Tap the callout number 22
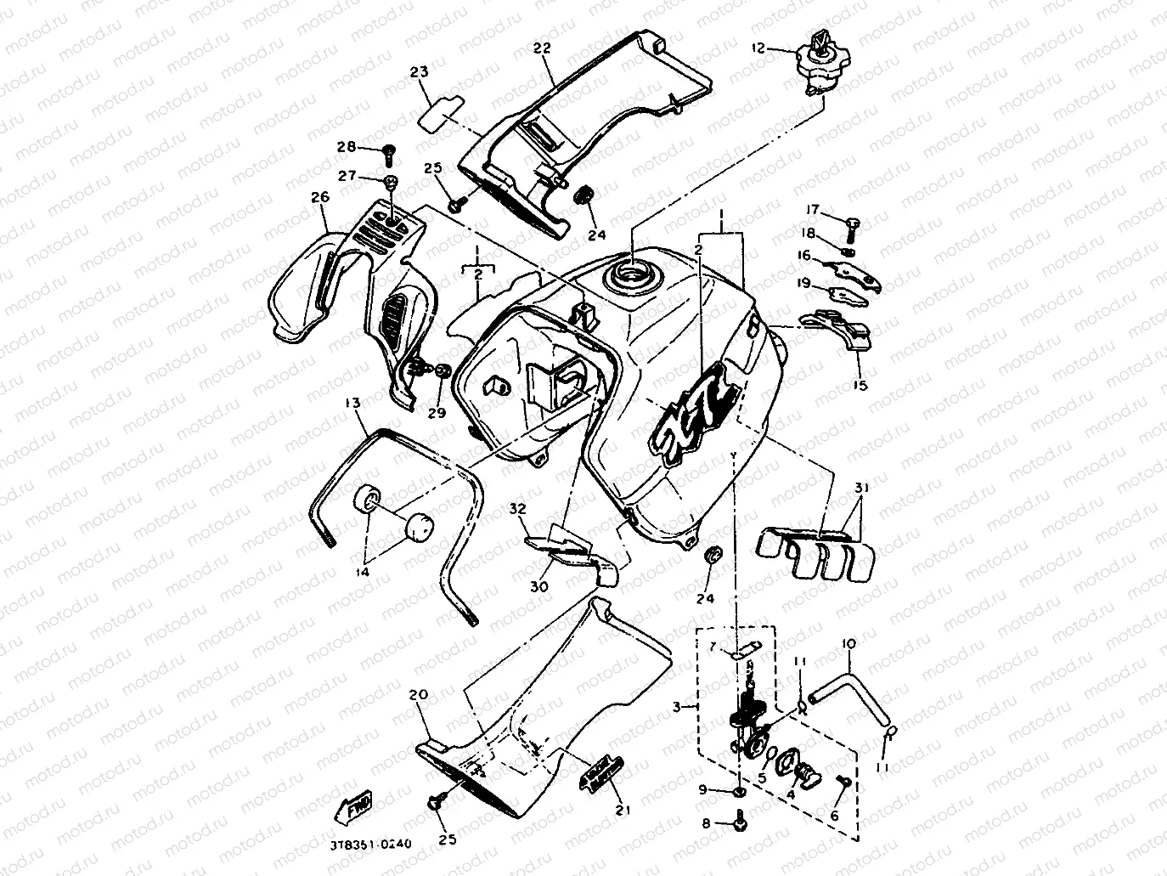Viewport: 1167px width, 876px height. [542, 48]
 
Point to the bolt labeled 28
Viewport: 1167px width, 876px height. [389, 152]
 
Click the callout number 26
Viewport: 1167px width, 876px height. [319, 198]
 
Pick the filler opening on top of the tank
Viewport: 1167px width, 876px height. [633, 275]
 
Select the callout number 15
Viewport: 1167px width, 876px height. [860, 385]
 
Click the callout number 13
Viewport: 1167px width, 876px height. [353, 402]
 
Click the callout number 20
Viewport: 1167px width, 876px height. [418, 694]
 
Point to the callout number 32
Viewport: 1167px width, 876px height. [518, 509]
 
